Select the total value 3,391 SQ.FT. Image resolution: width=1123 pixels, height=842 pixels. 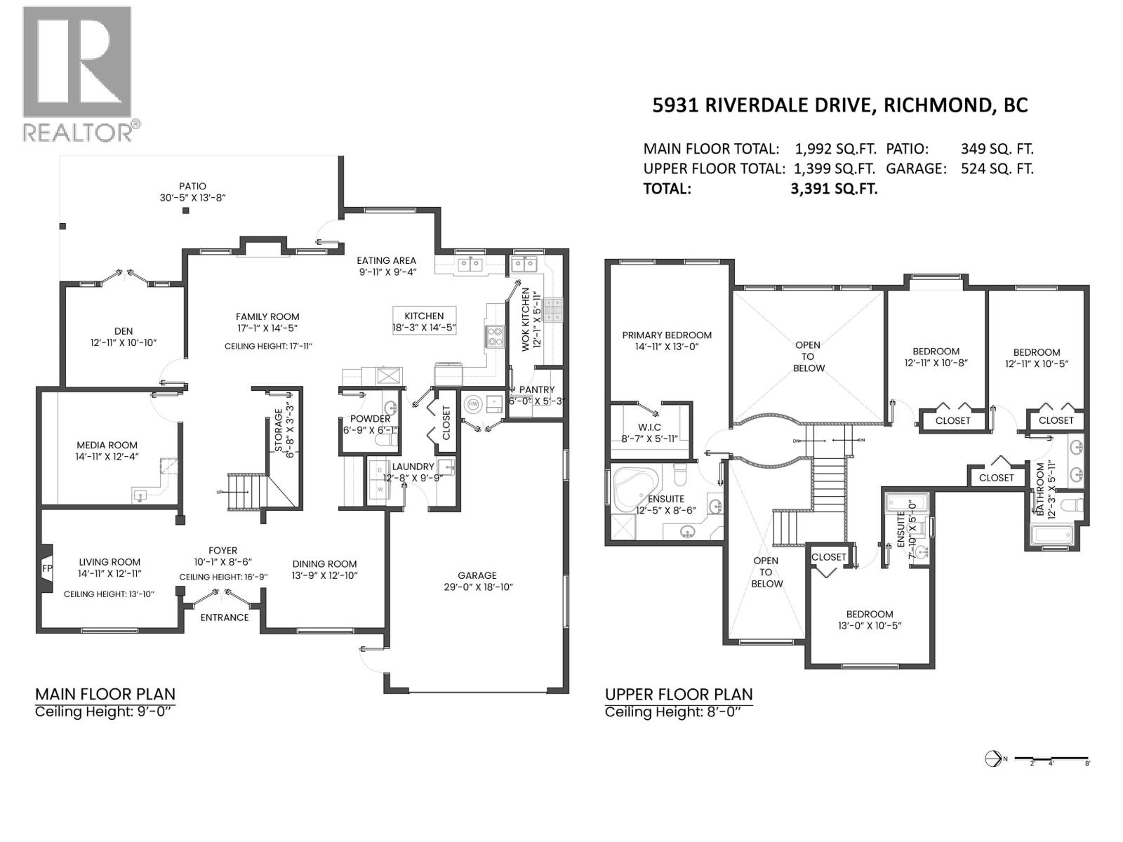pos(834,188)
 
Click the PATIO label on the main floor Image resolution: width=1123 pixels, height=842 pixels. pos(192,186)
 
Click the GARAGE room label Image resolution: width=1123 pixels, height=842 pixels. pos(477,575)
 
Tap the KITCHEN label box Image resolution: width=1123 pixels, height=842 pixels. pos(424,316)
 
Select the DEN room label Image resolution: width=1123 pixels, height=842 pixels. pos(124,331)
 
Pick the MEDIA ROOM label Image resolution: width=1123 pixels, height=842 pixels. pos(107,445)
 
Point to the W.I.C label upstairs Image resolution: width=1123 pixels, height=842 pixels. pos(649,427)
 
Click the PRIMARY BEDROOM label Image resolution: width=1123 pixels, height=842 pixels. pos(667,335)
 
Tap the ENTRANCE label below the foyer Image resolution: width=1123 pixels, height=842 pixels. pos(225,617)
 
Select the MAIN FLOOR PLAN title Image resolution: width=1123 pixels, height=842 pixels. pos(105,694)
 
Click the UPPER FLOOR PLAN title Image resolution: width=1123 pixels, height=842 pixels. pos(679,695)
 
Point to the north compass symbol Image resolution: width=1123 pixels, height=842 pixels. pos(993,759)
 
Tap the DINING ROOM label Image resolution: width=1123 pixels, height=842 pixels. pos(324,563)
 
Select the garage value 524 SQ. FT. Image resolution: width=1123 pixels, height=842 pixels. pos(997,168)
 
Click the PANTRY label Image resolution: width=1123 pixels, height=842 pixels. pos(537,389)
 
